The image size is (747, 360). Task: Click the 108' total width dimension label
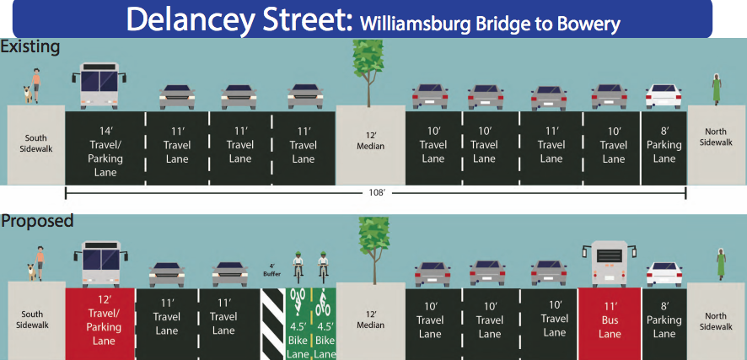[x=376, y=193]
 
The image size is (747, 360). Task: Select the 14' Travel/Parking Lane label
[x=105, y=151]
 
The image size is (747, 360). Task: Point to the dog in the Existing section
[x=29, y=93]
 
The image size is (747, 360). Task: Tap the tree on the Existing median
[x=368, y=73]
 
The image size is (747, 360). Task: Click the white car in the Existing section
[x=664, y=97]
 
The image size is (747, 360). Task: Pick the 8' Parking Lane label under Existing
[x=664, y=144]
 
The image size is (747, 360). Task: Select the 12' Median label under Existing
[x=370, y=140]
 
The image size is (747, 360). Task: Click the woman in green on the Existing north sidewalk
[x=716, y=89]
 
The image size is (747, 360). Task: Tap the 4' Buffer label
[x=272, y=271]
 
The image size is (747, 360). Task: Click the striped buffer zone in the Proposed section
[x=273, y=324]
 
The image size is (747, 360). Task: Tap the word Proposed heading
[x=37, y=221]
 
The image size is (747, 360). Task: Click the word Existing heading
[x=30, y=46]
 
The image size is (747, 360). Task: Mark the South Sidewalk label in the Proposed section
[x=35, y=320]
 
